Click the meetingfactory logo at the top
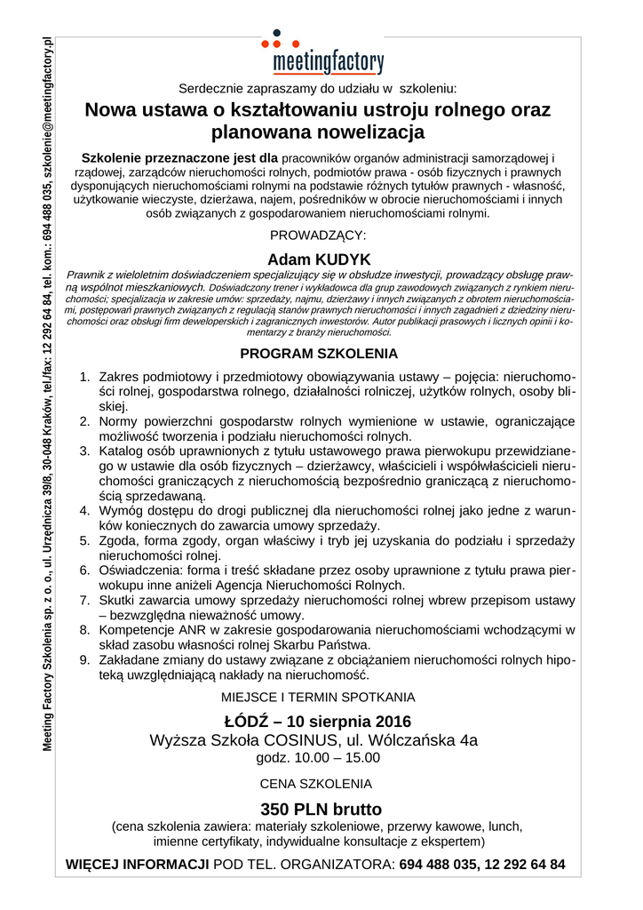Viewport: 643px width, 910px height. (x=328, y=62)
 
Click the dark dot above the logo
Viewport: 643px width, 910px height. (x=276, y=33)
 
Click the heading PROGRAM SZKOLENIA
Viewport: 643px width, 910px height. (x=319, y=353)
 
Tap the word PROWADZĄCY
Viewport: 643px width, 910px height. (x=318, y=235)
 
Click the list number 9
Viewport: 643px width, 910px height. (x=84, y=661)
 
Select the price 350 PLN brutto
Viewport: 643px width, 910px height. (x=321, y=809)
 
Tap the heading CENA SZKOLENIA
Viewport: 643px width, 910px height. (x=315, y=785)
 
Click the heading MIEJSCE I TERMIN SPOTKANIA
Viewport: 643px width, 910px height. (x=318, y=698)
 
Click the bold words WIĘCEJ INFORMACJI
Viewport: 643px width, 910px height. (x=138, y=864)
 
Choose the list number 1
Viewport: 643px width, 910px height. (x=84, y=377)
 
